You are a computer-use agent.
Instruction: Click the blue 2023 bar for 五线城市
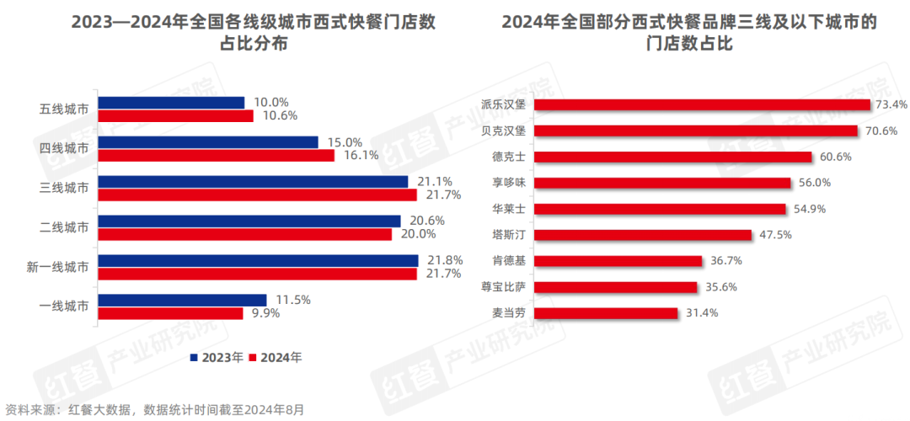pos(171,103)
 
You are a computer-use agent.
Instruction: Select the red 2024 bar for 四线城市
pos(217,156)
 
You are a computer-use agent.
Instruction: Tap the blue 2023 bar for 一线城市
pos(182,300)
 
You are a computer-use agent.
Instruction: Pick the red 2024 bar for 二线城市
pos(244,234)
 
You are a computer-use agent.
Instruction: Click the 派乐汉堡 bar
pos(702,104)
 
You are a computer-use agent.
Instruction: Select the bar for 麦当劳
pos(606,313)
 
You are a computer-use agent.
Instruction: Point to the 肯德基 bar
pos(618,261)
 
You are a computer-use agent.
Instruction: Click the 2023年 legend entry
pos(217,357)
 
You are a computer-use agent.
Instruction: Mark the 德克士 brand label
pos(509,157)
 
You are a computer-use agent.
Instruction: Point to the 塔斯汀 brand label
pos(509,235)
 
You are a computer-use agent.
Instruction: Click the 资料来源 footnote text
pos(153,410)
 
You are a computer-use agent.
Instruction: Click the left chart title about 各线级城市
pos(254,33)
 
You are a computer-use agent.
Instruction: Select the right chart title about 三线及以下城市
pos(688,33)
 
